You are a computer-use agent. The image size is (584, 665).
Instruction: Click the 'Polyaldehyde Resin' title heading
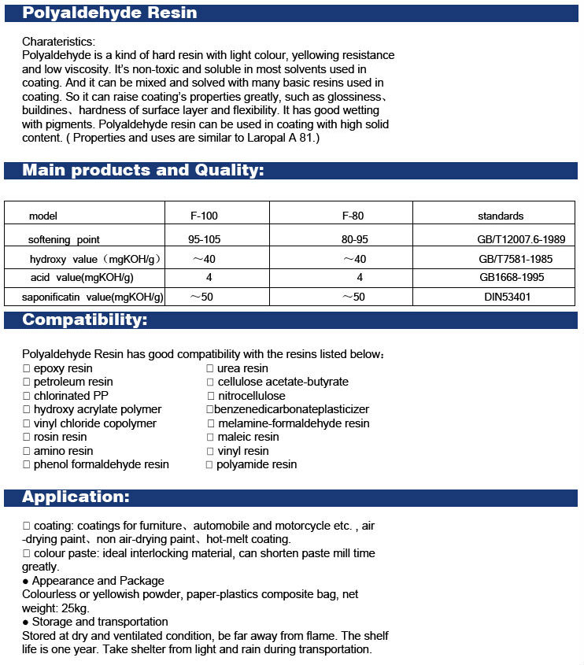109,13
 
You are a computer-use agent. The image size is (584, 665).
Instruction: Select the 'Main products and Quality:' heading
142,170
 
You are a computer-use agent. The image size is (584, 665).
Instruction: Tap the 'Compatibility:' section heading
84,320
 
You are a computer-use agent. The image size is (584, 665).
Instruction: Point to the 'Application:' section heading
76,497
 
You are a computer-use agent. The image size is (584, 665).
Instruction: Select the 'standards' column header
501,216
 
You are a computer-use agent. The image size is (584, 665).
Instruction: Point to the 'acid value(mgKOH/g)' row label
82,277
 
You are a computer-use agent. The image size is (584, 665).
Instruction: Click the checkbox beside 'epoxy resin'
26,368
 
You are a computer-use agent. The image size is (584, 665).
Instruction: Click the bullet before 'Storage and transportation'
26,622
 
